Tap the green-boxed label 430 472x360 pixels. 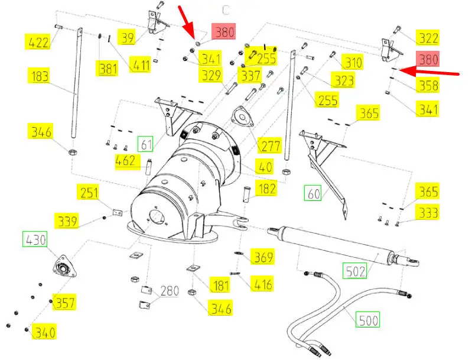[x=35, y=239]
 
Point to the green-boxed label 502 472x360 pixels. [x=355, y=270]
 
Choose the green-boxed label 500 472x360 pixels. [x=367, y=319]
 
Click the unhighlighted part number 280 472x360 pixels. [x=170, y=291]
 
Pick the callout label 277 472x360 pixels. [x=271, y=145]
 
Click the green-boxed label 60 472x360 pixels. [x=313, y=193]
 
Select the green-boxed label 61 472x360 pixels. [x=146, y=144]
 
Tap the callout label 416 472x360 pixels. [x=262, y=283]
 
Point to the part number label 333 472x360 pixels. [x=428, y=212]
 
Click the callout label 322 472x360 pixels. [x=428, y=37]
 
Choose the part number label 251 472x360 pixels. [x=88, y=192]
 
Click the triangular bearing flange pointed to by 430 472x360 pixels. [x=64, y=267]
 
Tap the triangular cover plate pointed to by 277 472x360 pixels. [x=242, y=116]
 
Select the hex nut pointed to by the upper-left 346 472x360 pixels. [x=73, y=151]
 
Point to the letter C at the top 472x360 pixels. [x=226, y=10]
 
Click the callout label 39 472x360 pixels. [x=128, y=37]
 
